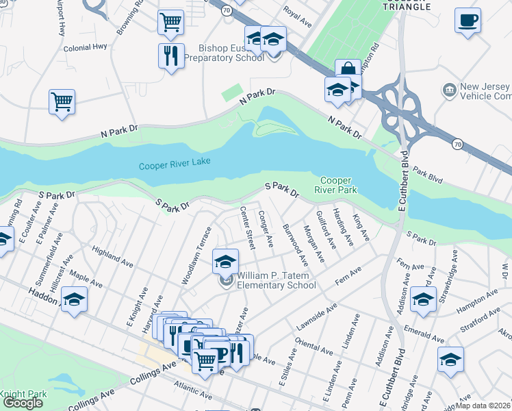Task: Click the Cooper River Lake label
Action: (x=175, y=164)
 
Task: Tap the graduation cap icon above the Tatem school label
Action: (x=225, y=261)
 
